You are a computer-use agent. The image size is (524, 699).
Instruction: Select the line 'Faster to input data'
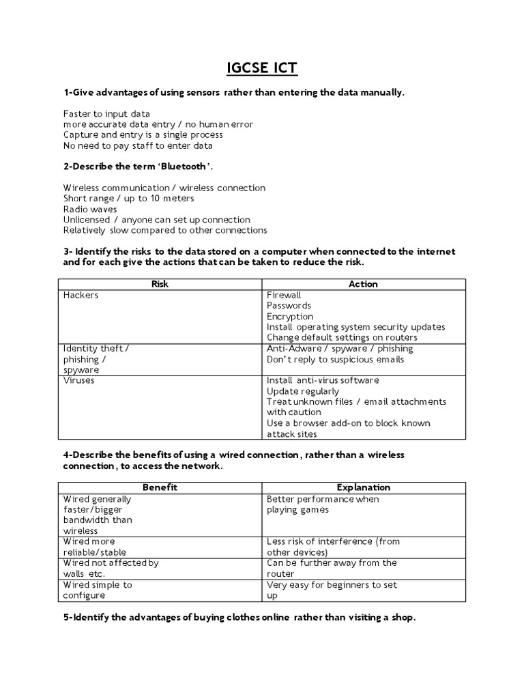click(x=106, y=113)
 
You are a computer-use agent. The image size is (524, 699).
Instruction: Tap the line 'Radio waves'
click(x=90, y=209)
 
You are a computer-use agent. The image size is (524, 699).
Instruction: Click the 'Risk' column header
click(x=159, y=284)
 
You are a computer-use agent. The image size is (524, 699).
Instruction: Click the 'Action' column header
click(x=363, y=284)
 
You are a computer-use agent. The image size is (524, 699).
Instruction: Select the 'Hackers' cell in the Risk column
click(x=81, y=295)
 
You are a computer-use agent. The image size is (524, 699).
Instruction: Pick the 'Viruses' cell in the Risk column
click(x=78, y=380)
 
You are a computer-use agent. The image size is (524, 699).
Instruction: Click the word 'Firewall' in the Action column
click(x=284, y=295)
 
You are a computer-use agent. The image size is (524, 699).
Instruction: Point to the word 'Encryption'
click(x=290, y=316)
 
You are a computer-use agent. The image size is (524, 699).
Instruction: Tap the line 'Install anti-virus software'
click(x=323, y=380)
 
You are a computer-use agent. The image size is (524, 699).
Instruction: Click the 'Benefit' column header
click(x=159, y=487)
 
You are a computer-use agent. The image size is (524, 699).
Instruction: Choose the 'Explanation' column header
click(x=363, y=487)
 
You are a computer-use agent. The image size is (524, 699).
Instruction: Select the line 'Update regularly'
click(x=302, y=391)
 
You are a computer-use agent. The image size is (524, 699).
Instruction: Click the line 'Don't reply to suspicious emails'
click(x=335, y=359)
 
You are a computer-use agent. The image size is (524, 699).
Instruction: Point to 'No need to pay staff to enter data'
click(x=138, y=145)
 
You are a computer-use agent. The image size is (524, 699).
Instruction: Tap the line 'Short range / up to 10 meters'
click(x=128, y=198)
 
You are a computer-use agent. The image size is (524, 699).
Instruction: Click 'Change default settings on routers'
click(x=342, y=337)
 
